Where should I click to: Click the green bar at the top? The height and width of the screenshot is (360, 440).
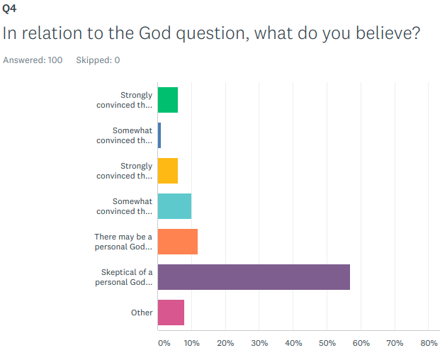168,100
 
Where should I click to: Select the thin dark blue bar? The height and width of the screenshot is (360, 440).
159,135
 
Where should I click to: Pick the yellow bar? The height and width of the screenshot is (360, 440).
168,171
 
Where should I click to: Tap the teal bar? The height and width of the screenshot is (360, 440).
174,206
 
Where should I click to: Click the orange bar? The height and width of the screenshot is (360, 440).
178,242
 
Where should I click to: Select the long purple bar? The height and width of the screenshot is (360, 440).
254,277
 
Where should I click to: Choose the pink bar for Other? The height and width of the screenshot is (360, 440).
171,313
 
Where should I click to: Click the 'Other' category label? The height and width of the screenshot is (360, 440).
142,313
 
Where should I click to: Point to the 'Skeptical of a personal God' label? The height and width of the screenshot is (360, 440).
124,277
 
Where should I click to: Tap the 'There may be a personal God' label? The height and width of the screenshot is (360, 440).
124,242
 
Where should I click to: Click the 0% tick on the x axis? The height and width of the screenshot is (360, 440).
164,343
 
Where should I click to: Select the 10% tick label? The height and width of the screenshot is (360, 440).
191,343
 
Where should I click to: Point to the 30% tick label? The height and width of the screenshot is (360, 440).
259,343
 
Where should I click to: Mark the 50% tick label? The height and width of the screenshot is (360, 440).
327,343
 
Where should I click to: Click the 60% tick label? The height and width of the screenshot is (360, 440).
361,343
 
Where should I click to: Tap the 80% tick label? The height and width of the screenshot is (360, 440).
429,343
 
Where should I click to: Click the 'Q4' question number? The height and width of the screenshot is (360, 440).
10,9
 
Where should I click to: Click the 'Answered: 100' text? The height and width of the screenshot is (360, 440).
33,60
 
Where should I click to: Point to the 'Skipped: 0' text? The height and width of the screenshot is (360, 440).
98,60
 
